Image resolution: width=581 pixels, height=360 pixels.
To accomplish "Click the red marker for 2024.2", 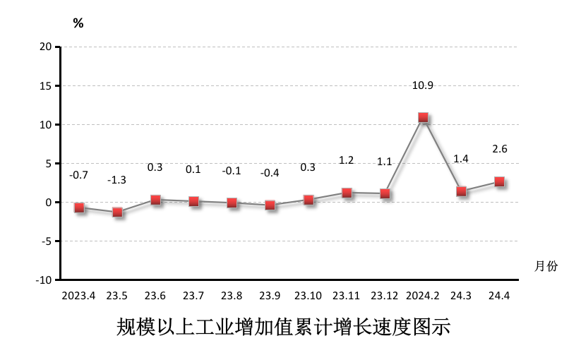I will point(423,117).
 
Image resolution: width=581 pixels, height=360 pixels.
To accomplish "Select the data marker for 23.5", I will point(117,212).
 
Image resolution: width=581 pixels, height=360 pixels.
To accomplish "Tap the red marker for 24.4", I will point(499,181).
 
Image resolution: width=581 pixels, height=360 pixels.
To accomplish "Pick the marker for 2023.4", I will point(79,208).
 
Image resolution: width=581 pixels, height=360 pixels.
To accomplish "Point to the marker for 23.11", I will point(347,193).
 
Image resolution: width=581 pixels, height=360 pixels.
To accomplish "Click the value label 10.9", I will point(423,85).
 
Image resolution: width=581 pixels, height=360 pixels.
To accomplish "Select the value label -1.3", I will point(116,180).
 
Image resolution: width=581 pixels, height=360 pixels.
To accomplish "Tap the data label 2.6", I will point(500,149).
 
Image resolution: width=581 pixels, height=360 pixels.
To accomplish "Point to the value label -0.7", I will point(78,174).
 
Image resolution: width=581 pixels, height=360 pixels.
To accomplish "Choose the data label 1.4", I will point(461,159).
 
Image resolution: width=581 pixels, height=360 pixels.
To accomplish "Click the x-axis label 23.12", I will point(385,295).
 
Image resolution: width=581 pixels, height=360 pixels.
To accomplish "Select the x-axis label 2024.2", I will point(423,295).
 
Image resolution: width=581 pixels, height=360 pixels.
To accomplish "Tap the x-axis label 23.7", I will point(193,295).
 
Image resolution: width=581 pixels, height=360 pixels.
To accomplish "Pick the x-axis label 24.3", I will point(461,295).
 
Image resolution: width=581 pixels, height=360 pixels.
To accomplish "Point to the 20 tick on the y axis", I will point(47,47).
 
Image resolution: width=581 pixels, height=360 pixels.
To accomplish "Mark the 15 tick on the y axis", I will point(47,85).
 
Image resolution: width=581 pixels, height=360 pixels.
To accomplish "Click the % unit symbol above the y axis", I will point(78,23).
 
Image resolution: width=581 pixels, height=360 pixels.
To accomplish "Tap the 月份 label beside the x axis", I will point(546,266).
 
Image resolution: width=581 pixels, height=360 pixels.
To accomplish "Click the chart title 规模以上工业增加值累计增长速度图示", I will point(282,328).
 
